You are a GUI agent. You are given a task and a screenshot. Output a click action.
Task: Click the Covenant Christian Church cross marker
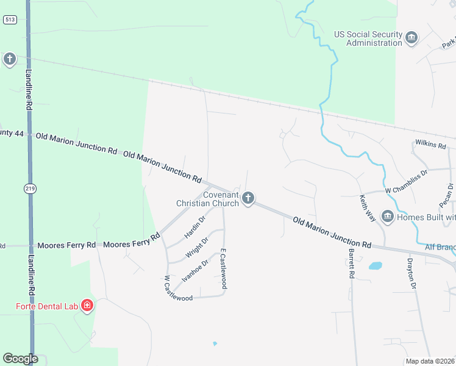coord(248,198)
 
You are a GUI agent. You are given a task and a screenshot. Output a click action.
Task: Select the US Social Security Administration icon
coord(411,38)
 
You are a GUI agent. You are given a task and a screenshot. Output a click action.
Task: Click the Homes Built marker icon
coord(387,217)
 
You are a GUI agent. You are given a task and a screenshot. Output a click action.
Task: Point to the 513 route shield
coord(9,20)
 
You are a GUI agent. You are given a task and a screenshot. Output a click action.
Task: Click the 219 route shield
coord(30,188)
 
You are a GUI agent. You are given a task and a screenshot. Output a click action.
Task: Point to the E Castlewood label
coord(224,268)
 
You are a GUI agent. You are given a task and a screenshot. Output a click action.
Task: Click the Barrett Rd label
coord(351,263)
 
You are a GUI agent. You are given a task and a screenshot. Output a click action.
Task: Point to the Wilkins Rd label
coord(431,144)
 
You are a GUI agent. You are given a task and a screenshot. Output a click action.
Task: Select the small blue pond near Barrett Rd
coord(375,266)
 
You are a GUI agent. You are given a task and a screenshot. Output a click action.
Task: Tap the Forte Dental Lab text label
coord(40,305)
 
